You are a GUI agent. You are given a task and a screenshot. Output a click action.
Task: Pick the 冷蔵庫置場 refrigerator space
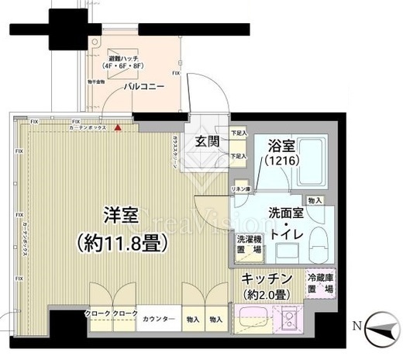click(x=320, y=282)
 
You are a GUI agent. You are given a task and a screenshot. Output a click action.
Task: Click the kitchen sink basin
click(x=253, y=319)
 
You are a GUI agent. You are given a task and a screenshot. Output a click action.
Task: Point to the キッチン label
click(x=266, y=278)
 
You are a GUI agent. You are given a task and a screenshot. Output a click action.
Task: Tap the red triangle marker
click(x=118, y=127)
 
